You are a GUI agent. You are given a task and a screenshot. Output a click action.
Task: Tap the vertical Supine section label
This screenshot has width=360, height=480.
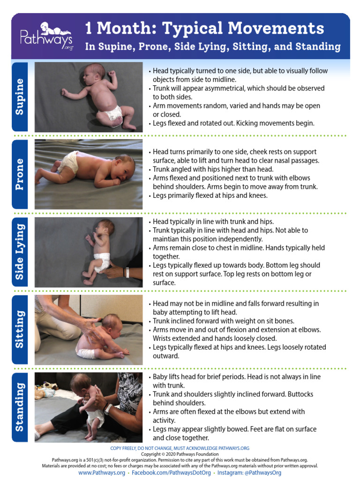(20, 97)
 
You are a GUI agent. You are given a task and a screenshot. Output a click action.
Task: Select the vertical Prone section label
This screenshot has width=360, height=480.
(20, 174)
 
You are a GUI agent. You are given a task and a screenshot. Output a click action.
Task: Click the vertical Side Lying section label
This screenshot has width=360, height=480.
(20, 252)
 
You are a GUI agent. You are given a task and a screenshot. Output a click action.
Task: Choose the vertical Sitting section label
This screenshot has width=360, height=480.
(20, 330)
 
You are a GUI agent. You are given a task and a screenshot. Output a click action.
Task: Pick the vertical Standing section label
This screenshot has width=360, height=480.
(20, 407)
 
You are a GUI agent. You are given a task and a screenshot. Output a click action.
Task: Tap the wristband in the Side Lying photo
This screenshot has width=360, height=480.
(127, 272)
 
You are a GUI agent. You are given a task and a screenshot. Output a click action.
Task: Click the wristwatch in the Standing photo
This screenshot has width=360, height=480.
(108, 409)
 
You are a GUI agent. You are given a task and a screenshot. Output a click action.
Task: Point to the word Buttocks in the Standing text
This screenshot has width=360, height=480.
(300, 394)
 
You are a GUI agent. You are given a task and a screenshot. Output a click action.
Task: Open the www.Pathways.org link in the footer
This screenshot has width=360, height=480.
(102, 472)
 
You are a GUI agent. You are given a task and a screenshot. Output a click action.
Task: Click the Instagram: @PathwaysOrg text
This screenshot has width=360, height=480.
(249, 472)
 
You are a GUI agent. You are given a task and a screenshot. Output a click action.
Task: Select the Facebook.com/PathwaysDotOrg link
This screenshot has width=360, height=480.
(171, 472)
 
